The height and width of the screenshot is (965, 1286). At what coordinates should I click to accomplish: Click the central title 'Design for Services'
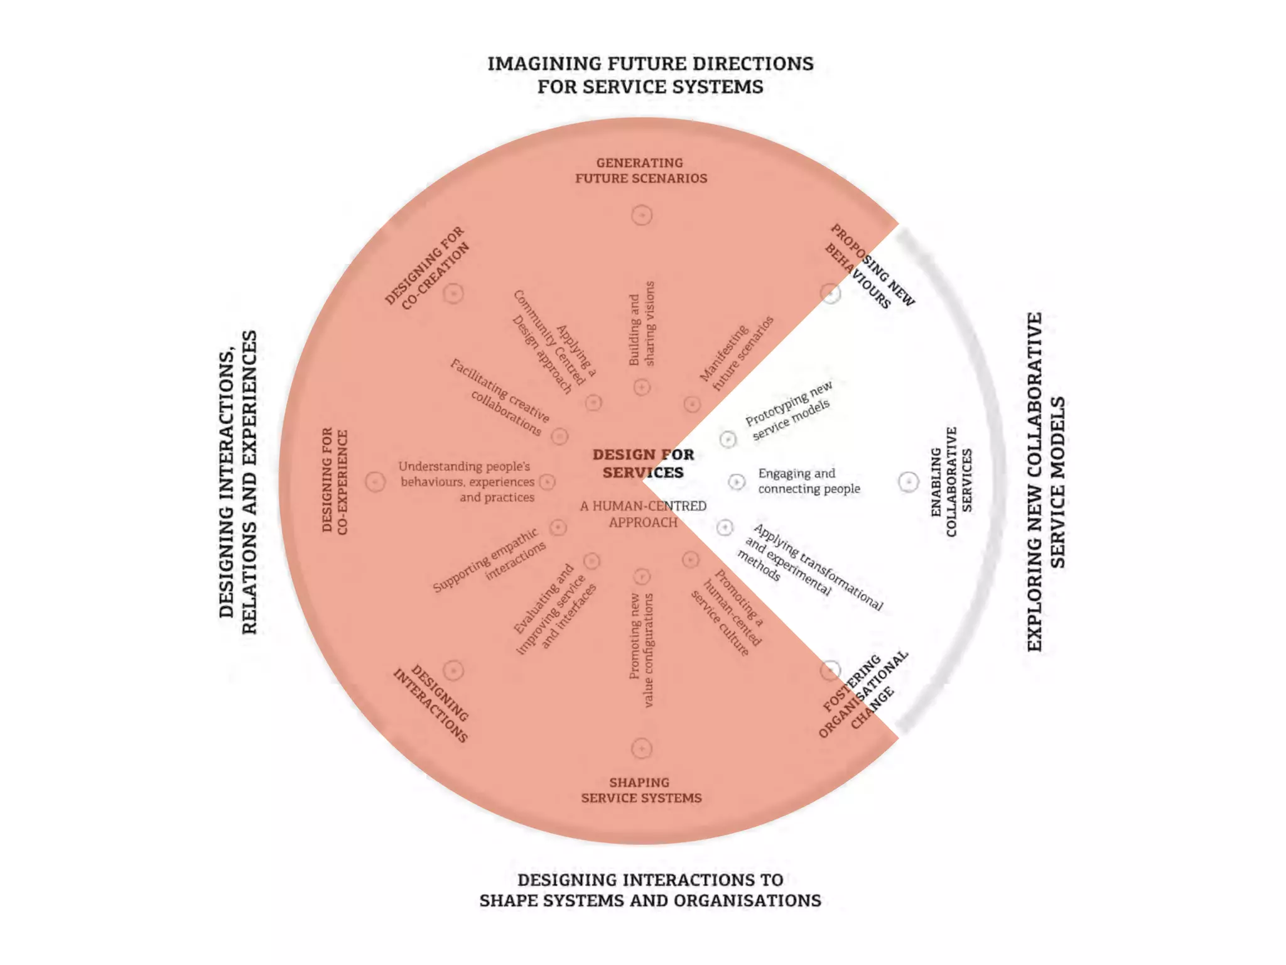tap(643, 463)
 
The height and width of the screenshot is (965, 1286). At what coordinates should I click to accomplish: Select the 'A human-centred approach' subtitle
tap(643, 514)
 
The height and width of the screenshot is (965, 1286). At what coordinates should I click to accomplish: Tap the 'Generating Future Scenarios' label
tap(640, 170)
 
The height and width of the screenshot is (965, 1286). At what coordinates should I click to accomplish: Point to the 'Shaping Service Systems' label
tap(640, 790)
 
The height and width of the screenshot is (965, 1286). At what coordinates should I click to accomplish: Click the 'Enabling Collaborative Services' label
tap(951, 481)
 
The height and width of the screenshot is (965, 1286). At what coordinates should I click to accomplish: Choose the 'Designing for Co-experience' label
tap(334, 481)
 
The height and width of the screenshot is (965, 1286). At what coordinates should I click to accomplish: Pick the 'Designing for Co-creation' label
tap(427, 268)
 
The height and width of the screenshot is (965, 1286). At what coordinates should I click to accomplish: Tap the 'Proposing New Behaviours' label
tap(870, 266)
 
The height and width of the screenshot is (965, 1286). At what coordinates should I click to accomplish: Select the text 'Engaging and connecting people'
tap(809, 481)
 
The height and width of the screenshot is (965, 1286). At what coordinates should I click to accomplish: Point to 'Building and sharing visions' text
tap(642, 324)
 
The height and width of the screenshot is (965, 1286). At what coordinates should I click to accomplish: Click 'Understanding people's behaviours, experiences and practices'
tap(467, 482)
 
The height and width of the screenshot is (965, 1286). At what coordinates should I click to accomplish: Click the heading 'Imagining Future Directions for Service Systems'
tap(650, 75)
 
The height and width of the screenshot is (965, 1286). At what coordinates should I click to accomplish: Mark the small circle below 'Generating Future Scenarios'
tap(642, 215)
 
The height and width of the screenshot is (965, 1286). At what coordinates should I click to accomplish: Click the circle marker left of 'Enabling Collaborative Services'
tap(908, 482)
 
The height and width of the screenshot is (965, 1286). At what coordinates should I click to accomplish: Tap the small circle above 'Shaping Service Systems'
tap(642, 748)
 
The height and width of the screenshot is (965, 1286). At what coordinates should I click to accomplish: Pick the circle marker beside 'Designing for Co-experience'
tap(375, 482)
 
